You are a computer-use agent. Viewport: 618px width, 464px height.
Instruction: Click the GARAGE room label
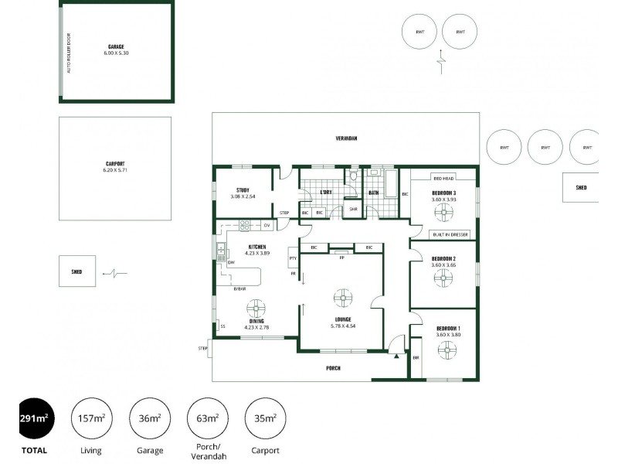(116, 46)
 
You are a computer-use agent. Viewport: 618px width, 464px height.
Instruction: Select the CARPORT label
(114, 164)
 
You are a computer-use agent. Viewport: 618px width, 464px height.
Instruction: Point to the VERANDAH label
(346, 138)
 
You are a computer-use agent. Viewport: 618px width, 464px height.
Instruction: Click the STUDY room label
(243, 190)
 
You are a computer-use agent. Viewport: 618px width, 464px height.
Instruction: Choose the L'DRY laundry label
(326, 193)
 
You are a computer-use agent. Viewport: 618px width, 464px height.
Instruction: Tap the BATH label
(373, 193)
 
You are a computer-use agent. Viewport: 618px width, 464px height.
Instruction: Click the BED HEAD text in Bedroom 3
(443, 178)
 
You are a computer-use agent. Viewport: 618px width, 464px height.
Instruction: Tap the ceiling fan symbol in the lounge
(343, 297)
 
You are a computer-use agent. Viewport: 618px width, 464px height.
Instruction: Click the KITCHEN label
(257, 247)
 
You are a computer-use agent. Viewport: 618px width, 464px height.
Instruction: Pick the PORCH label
(332, 368)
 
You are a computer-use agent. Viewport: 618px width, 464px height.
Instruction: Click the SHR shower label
(353, 209)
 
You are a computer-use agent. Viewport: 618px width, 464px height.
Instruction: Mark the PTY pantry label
(293, 258)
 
